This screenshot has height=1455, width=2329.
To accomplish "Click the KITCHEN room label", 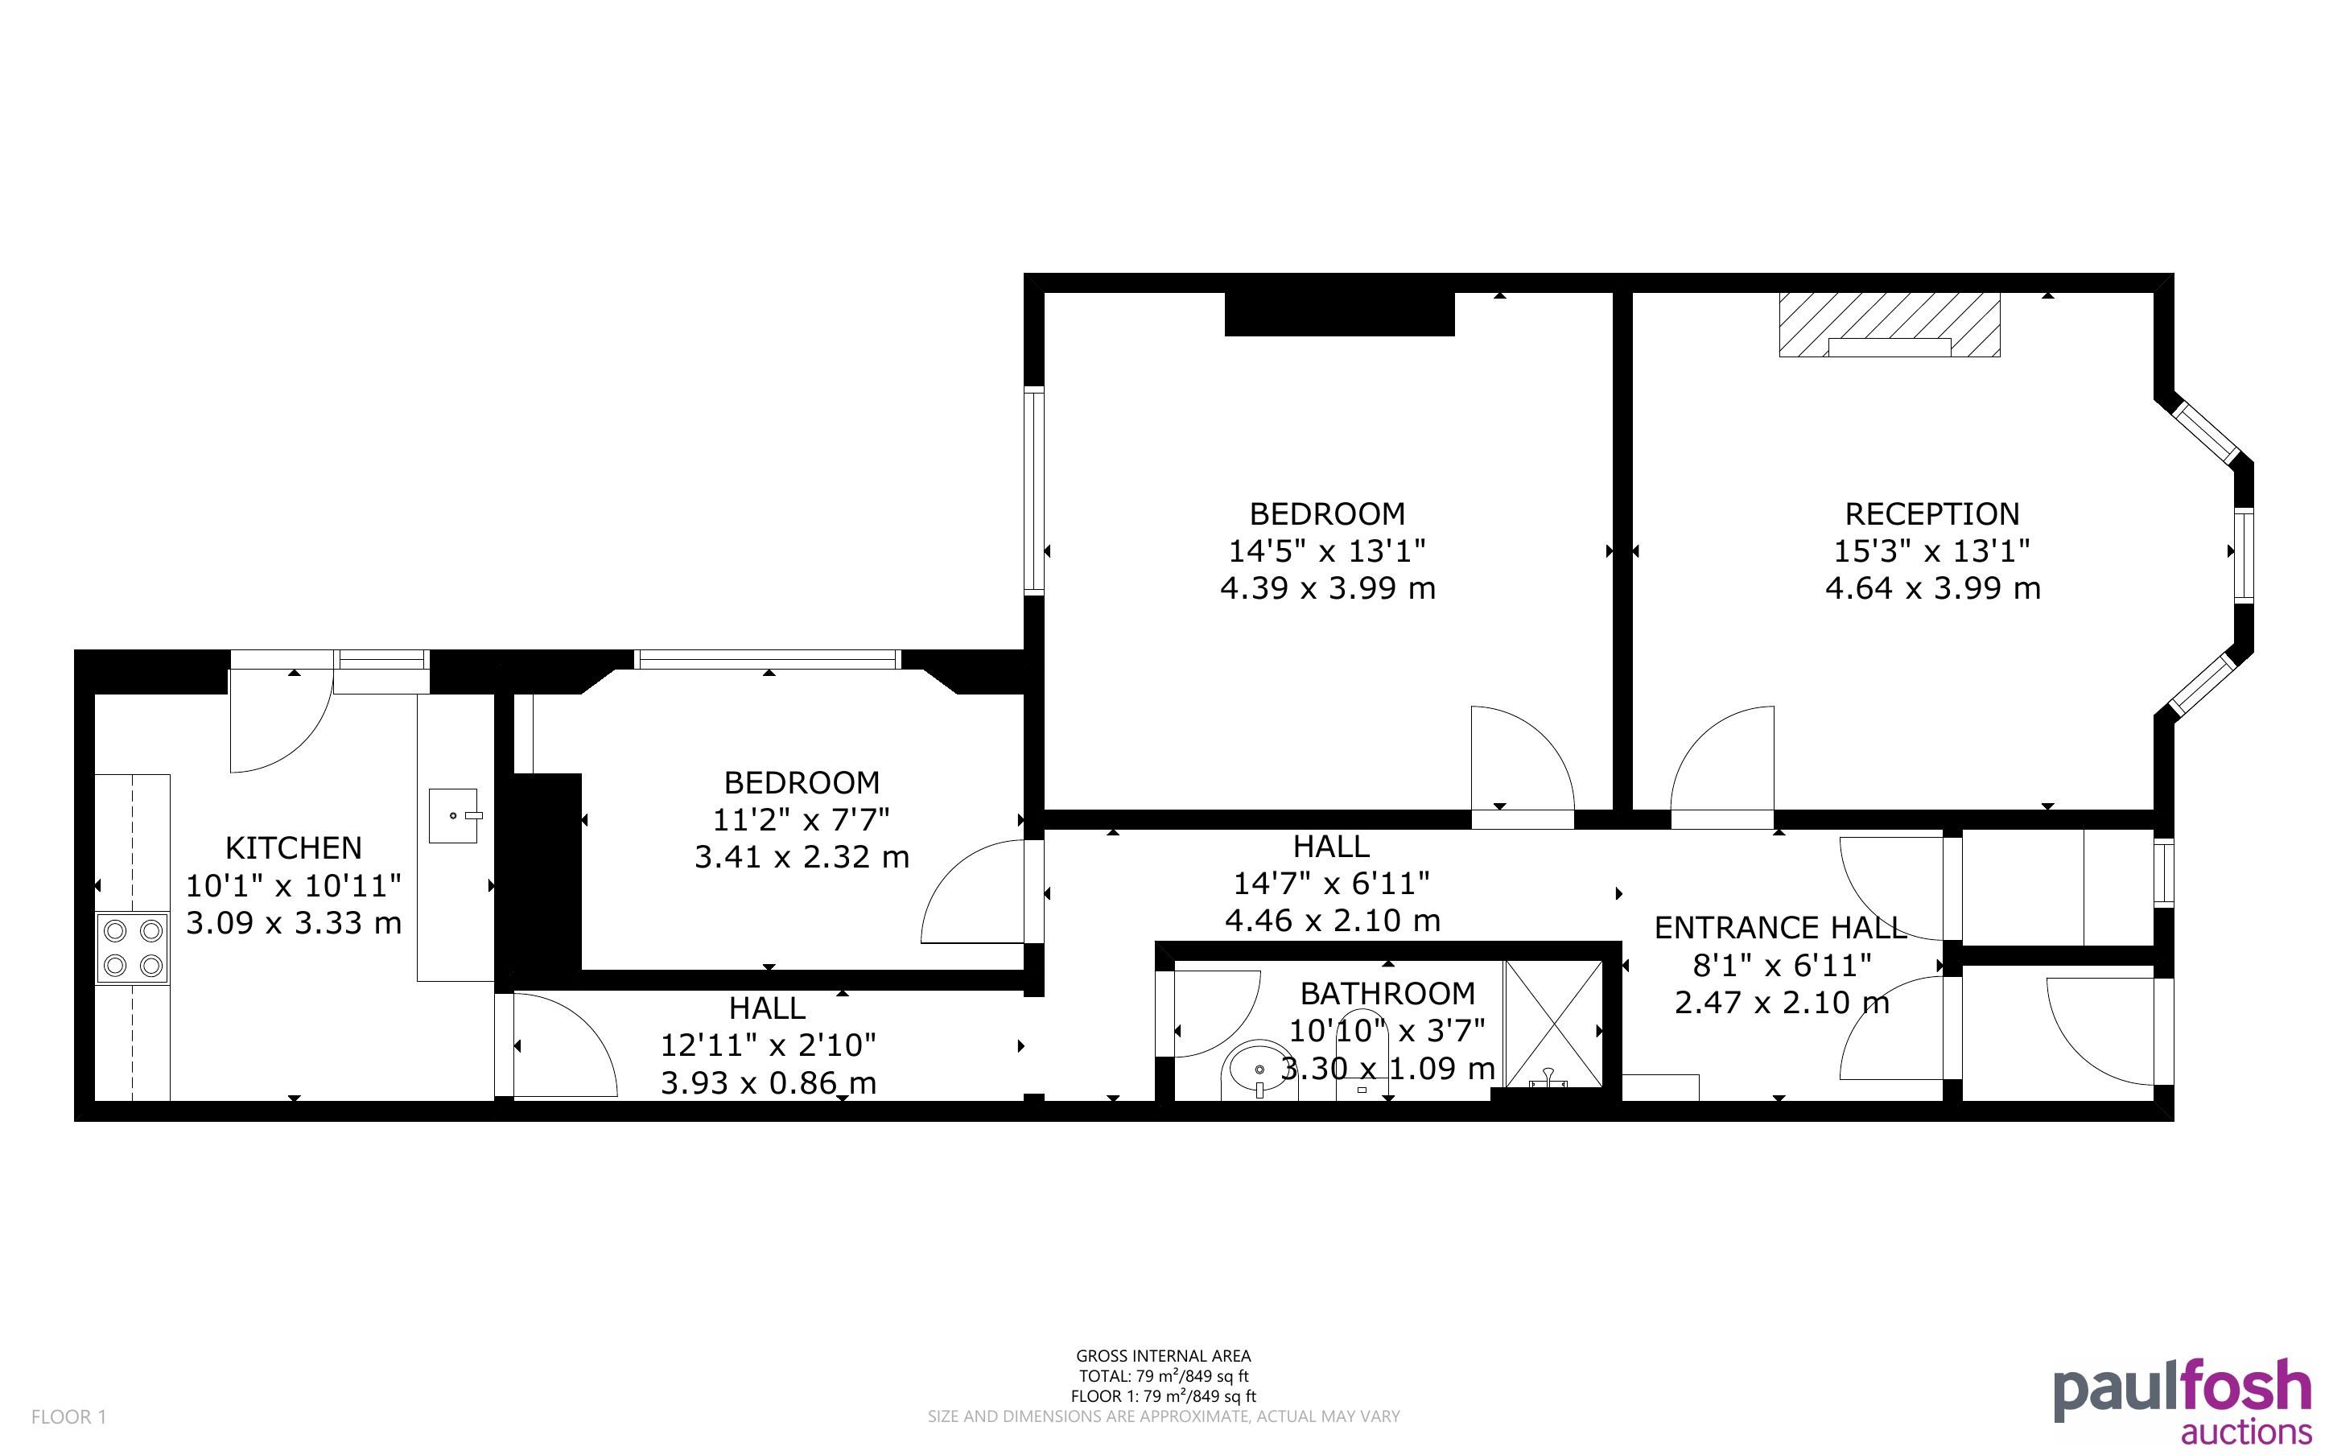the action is tap(294, 847).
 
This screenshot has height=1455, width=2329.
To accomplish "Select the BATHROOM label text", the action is tap(1387, 993).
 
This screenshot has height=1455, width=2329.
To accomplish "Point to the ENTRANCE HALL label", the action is tap(1779, 928).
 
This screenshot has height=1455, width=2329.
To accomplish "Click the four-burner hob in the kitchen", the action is tap(133, 948).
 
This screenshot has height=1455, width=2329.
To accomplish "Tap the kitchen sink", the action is tap(453, 816).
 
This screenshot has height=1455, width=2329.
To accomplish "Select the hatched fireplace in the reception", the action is tap(1890, 325).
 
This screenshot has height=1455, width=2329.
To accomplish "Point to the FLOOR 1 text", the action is tap(68, 1416).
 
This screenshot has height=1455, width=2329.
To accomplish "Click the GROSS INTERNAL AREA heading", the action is tap(1163, 1357).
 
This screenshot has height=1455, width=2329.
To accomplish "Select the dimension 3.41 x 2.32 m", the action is tap(802, 856).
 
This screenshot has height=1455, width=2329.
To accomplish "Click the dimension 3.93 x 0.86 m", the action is tap(768, 1082).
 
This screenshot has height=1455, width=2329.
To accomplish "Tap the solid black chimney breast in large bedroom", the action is tap(1339, 315).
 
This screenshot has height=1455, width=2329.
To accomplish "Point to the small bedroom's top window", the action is tap(767, 659).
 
